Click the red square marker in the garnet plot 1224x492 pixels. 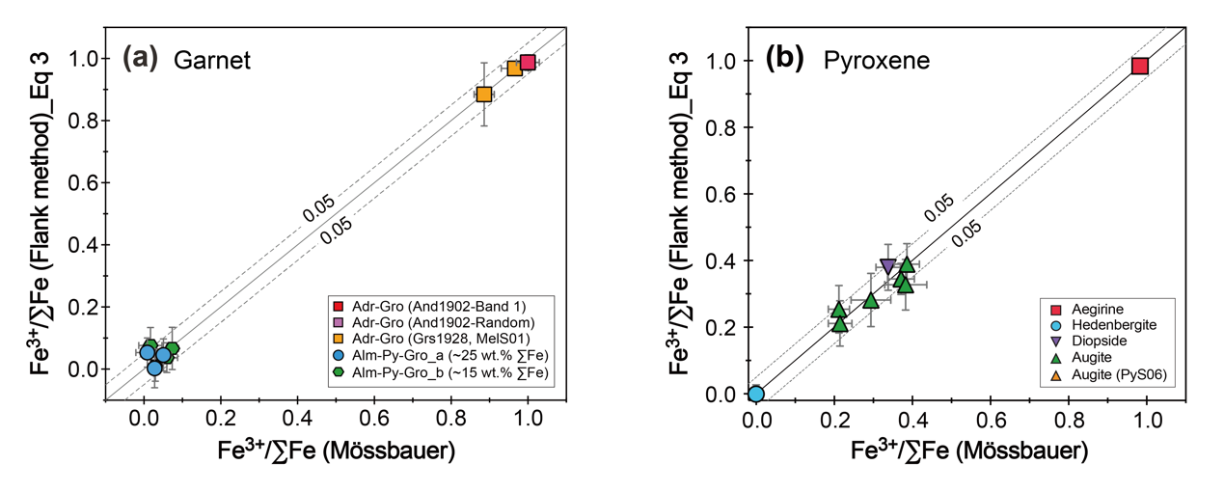pos(527,63)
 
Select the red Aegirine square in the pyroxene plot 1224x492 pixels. pos(1139,66)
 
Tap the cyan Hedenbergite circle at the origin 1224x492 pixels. pos(756,394)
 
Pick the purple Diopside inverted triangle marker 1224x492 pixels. pos(888,266)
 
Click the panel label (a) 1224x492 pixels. pos(139,60)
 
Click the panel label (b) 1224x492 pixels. pos(786,60)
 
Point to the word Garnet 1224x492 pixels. pos(212,61)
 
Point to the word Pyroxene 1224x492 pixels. pos(876,61)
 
